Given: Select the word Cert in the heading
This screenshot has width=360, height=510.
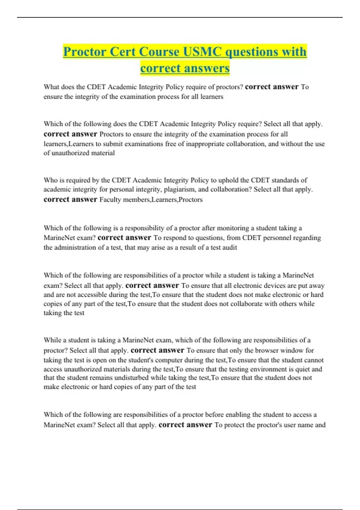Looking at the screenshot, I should [123, 52].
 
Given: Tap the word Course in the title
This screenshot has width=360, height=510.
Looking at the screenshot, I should [159, 52].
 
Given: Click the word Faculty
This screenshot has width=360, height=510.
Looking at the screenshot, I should [110, 199].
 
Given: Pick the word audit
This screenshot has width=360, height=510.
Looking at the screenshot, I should [230, 247].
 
